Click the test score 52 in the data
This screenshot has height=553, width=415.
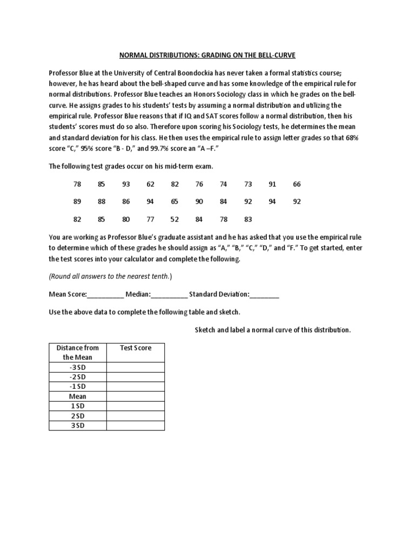(x=175, y=219)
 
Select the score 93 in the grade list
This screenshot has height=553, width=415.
(x=126, y=184)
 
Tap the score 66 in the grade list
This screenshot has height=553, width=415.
(x=297, y=184)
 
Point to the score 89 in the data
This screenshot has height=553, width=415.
(x=77, y=201)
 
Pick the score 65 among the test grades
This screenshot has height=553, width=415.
(x=175, y=201)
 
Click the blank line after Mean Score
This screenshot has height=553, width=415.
(x=105, y=295)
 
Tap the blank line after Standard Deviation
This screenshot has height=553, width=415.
(x=265, y=295)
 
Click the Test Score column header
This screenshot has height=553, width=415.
(x=135, y=348)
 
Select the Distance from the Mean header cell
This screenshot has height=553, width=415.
(x=77, y=352)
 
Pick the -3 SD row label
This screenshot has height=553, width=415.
(x=77, y=367)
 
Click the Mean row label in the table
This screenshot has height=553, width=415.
(x=77, y=396)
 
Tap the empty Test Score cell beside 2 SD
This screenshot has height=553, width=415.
(x=135, y=416)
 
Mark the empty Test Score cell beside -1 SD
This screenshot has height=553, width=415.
(x=135, y=387)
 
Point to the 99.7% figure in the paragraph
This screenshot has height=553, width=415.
(x=149, y=148)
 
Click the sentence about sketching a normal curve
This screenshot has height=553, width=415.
(x=272, y=329)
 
